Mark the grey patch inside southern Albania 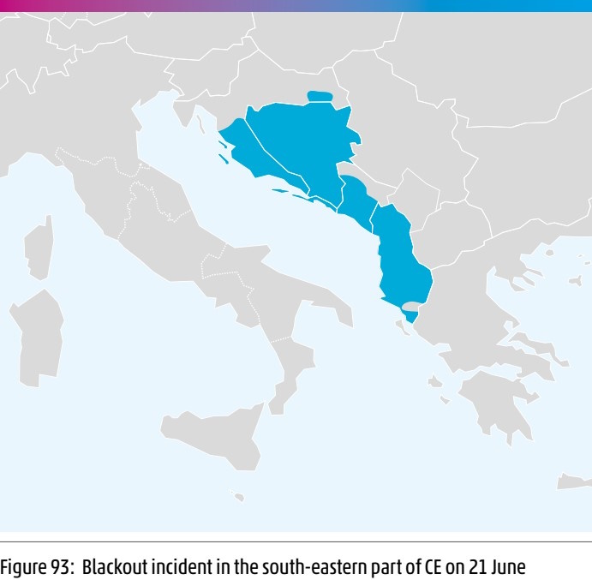coord(411,306)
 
